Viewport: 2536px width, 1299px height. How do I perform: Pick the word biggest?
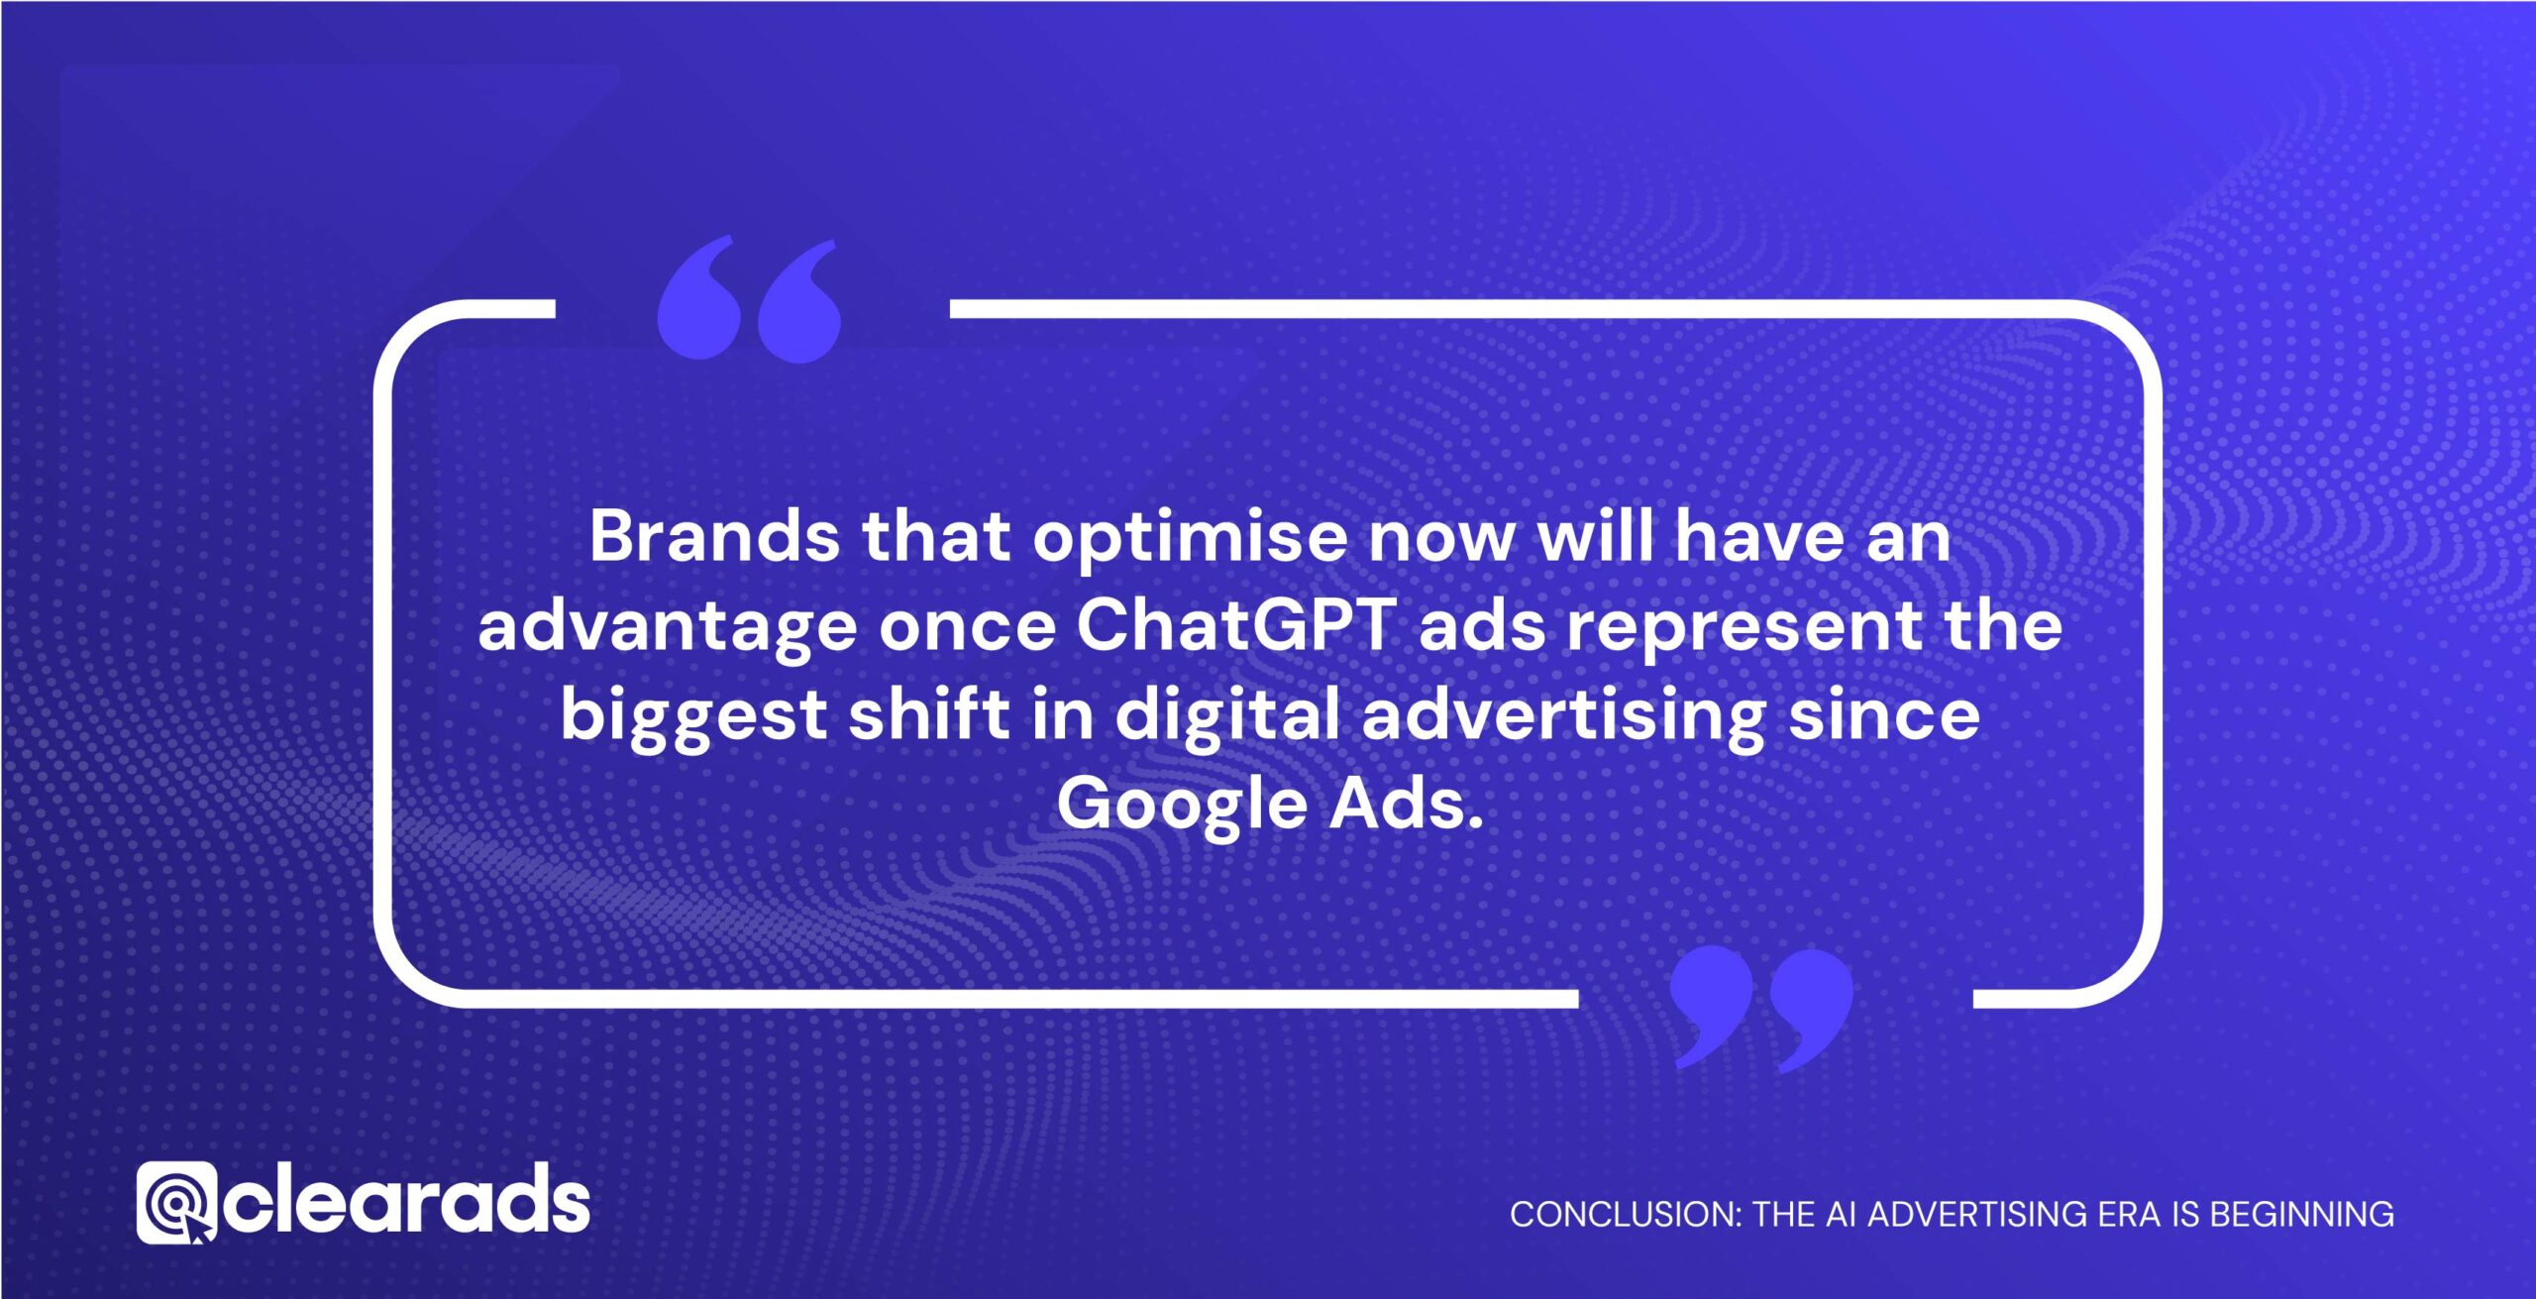tap(693, 716)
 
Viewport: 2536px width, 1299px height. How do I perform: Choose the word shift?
tap(928, 714)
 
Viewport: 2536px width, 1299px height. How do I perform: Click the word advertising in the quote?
tap(1563, 716)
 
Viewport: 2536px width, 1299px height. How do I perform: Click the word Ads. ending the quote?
tap(1406, 804)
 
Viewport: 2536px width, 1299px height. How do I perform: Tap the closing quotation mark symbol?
tap(1760, 1008)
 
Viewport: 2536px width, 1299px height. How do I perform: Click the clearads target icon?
tap(176, 1203)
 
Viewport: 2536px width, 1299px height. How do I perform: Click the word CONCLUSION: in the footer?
tap(1624, 1214)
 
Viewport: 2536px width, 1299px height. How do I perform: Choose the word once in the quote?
tap(968, 627)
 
